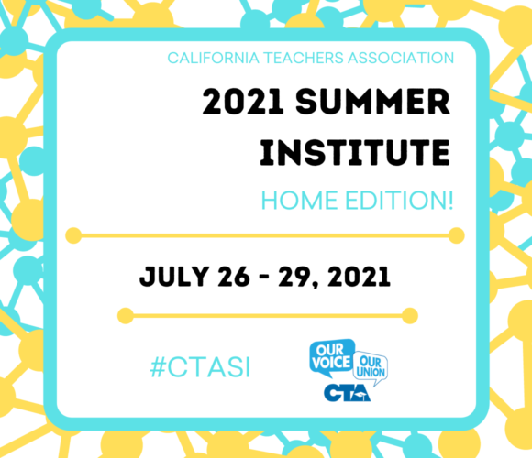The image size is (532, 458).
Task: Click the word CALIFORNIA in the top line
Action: click(x=214, y=58)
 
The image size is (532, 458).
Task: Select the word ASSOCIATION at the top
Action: click(x=401, y=58)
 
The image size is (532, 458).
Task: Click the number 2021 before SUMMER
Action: click(x=243, y=102)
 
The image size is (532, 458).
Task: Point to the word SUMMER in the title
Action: click(x=373, y=102)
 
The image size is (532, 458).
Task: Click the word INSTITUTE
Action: click(x=355, y=152)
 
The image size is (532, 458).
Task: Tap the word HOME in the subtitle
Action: click(x=299, y=201)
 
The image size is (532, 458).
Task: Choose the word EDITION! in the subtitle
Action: click(x=399, y=201)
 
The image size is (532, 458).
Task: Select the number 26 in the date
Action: click(x=234, y=277)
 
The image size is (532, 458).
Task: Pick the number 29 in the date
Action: click(x=294, y=277)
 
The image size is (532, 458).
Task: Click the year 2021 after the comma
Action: click(x=359, y=277)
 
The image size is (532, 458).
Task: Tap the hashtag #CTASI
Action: click(x=200, y=367)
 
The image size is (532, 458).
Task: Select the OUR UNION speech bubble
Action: click(x=371, y=367)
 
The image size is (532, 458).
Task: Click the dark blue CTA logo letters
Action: click(x=347, y=393)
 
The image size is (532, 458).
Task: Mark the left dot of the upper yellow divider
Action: click(x=73, y=235)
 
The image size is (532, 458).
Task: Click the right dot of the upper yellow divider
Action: click(x=457, y=235)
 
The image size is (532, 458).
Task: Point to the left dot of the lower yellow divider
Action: click(x=126, y=316)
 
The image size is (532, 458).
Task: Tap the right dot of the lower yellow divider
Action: click(x=410, y=316)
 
